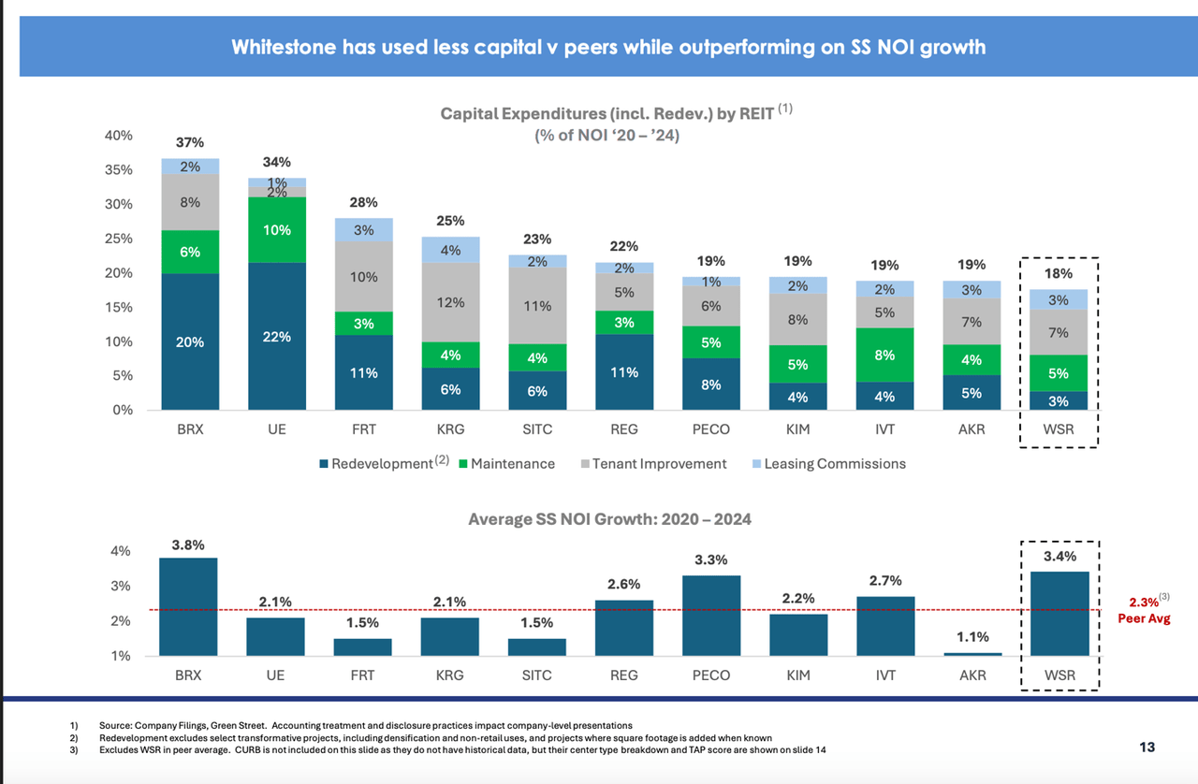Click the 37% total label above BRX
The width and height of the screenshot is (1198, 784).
pos(189,143)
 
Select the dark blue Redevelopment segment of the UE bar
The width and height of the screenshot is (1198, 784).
pos(276,336)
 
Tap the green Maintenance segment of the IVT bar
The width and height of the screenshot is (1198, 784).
pos(884,355)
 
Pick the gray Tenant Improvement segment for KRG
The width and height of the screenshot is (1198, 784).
pos(450,302)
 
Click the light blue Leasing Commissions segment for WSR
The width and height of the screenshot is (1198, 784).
pos(1058,299)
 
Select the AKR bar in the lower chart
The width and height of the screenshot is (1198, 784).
pos(972,654)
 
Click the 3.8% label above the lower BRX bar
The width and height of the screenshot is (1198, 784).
pos(189,544)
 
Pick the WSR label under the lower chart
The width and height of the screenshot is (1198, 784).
pos(1059,674)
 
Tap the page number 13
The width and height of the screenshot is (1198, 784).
pos(1147,747)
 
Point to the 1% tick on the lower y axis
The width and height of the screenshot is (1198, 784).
pos(122,656)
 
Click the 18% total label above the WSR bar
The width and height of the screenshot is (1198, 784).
pos(1059,273)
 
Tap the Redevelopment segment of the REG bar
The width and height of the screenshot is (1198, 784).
pos(624,372)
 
